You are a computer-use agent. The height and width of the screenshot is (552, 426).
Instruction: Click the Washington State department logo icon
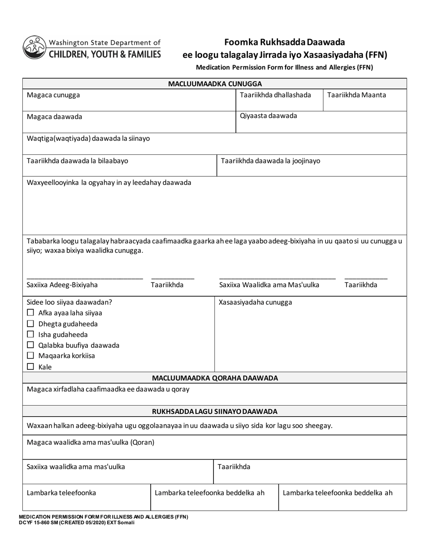click(35, 48)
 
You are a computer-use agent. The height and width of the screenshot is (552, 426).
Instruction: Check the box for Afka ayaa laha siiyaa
click(30, 313)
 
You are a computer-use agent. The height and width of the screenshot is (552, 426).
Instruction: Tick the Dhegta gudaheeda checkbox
click(30, 324)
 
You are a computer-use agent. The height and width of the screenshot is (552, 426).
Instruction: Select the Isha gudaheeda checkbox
click(30, 334)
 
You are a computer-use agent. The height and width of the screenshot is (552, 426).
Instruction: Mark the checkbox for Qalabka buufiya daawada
click(30, 345)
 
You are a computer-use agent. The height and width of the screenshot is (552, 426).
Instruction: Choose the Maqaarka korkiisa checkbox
click(30, 356)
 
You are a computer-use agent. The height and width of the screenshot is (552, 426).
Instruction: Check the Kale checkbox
click(30, 367)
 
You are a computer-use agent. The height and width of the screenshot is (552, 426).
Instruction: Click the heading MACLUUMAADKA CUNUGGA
click(215, 84)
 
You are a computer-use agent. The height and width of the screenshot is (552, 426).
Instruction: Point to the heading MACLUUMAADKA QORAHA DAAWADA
click(215, 378)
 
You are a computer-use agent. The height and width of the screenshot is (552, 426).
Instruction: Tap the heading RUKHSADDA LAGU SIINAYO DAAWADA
click(215, 412)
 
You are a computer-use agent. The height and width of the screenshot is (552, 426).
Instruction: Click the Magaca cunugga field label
click(54, 95)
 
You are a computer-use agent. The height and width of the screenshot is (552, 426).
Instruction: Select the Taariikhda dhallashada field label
click(275, 95)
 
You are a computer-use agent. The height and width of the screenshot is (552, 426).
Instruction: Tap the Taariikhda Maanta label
click(356, 95)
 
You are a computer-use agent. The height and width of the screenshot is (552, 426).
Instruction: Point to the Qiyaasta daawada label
click(268, 116)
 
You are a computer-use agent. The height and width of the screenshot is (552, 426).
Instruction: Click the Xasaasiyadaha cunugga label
click(255, 302)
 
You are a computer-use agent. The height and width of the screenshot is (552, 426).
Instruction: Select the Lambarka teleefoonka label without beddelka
click(61, 493)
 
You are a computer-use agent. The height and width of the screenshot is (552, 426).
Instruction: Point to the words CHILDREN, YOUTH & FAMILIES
click(104, 54)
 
